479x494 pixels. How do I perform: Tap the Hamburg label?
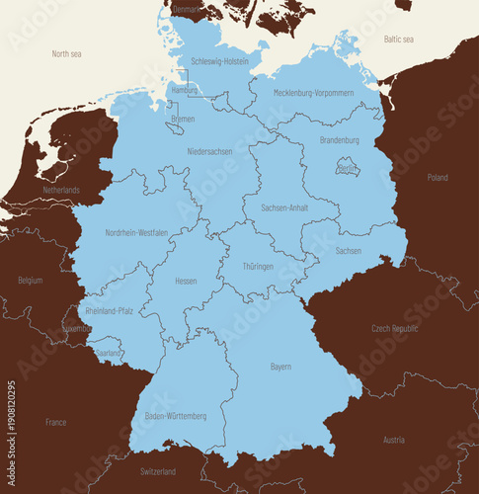tap(185, 90)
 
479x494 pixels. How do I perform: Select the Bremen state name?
tap(183, 119)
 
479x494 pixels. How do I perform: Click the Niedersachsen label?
tap(209, 151)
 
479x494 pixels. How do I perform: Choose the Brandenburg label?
tap(339, 140)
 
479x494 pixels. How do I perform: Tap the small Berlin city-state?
tap(347, 170)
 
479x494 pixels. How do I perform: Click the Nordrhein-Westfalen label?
tap(135, 233)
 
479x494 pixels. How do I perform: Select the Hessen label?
tap(186, 281)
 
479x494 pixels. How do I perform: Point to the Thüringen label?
tap(258, 267)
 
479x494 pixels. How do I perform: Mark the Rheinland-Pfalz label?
tap(109, 310)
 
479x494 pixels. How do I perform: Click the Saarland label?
tap(109, 352)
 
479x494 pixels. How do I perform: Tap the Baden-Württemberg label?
tap(176, 416)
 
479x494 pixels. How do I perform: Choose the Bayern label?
tap(280, 367)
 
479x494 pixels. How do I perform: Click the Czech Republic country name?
tap(394, 328)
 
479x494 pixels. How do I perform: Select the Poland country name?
tap(437, 178)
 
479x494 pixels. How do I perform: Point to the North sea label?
tap(68, 53)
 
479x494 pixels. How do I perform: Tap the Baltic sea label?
tap(398, 39)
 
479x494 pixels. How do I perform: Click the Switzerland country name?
tap(158, 471)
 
